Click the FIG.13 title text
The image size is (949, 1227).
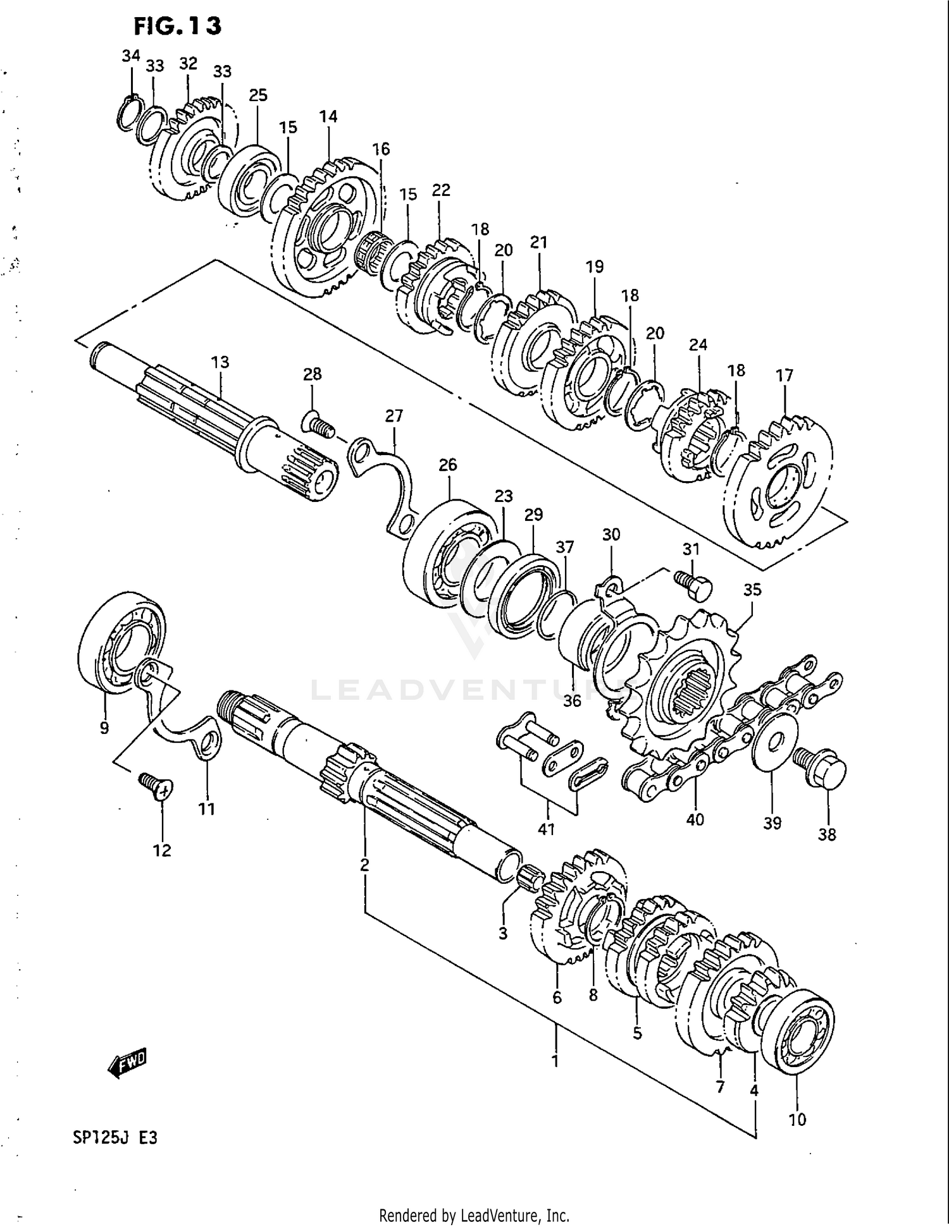177,26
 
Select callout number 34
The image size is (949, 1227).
131,56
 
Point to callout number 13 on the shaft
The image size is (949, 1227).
220,362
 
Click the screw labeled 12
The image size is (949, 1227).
157,788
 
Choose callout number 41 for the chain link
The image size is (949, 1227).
546,828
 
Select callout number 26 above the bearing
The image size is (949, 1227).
447,465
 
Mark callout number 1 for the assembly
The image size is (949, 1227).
555,1060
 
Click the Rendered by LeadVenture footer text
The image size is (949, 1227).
474,1215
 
